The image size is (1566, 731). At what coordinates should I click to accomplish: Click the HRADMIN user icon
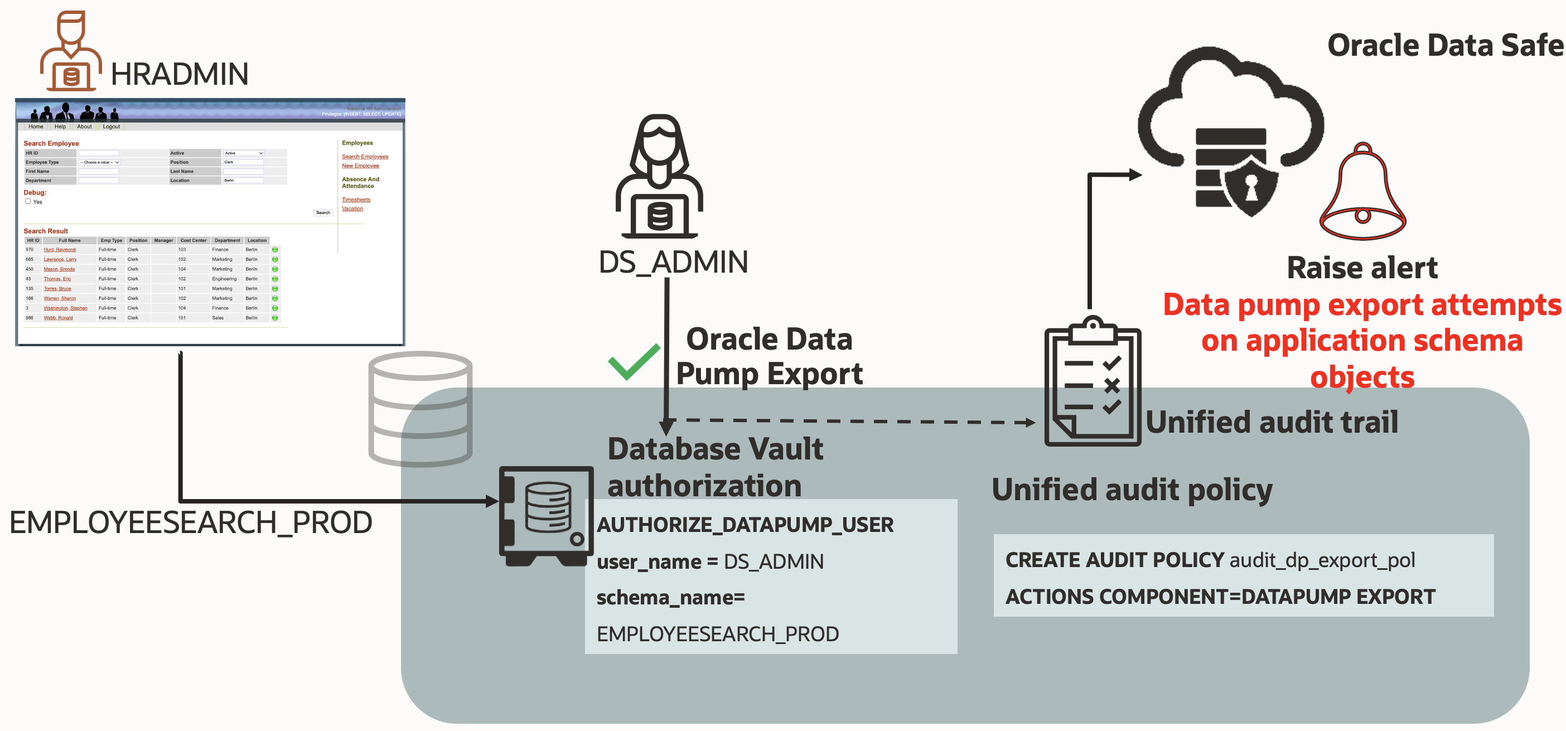[x=70, y=52]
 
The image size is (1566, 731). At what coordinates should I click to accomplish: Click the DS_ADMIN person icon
[x=660, y=177]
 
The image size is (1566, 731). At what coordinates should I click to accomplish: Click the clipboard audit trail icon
[x=1093, y=382]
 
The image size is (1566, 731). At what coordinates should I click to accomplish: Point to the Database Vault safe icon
[x=545, y=516]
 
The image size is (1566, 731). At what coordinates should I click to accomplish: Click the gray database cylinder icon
[x=420, y=409]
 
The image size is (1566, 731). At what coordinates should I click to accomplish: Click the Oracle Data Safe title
[x=1444, y=46]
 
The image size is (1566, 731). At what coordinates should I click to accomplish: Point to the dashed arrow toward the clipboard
[x=851, y=421]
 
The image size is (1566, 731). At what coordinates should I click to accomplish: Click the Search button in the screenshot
[x=323, y=212]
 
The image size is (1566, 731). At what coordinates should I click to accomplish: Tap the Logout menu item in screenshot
[x=111, y=127]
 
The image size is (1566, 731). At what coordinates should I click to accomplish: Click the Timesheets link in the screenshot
[x=356, y=199]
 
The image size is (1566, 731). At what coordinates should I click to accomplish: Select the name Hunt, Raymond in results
[x=60, y=250]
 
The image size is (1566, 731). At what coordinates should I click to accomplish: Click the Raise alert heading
[x=1362, y=268]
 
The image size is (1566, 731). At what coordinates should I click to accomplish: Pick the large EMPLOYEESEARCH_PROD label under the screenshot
[x=190, y=522]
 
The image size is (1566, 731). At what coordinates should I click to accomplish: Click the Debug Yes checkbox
[x=28, y=201]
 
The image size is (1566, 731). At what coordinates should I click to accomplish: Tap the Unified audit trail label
[x=1272, y=422]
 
